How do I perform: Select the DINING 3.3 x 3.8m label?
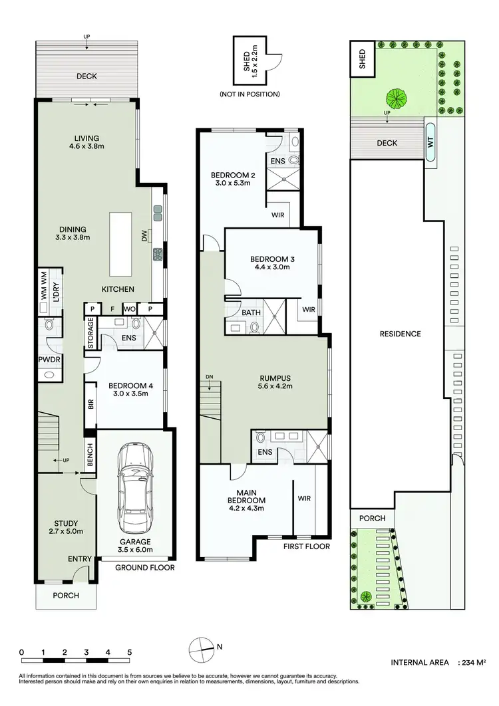(73, 232)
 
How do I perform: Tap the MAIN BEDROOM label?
(247, 495)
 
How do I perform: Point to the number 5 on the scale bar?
(129, 651)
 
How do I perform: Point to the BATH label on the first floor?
(251, 312)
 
